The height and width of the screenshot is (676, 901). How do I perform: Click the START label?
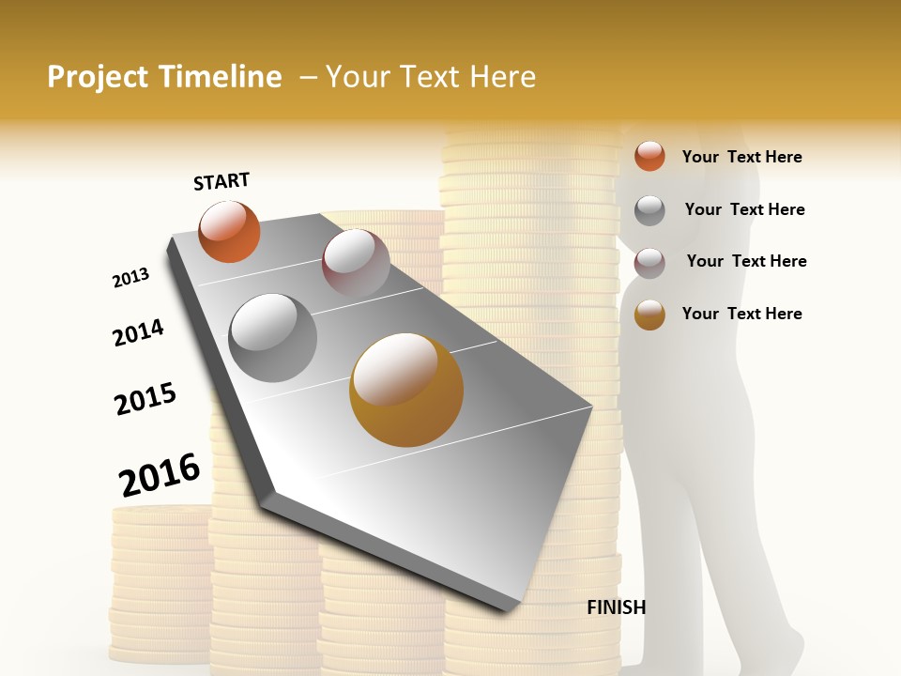(221, 181)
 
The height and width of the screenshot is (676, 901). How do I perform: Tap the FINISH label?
(616, 607)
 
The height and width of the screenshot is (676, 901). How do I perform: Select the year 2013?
(130, 278)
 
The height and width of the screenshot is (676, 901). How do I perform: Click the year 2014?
(138, 332)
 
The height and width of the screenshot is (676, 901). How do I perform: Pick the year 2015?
(145, 399)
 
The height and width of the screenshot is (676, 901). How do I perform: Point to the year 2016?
(160, 474)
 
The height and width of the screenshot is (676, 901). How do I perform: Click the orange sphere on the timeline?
(229, 232)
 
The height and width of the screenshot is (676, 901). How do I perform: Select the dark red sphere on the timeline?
(356, 261)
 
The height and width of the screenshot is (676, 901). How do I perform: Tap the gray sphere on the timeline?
(273, 337)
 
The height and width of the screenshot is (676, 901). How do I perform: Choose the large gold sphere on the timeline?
(406, 390)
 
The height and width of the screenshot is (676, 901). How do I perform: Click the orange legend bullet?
(649, 156)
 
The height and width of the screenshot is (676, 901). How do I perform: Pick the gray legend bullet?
(649, 210)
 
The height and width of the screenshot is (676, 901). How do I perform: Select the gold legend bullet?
(649, 315)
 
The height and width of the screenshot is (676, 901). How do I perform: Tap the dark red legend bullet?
(649, 263)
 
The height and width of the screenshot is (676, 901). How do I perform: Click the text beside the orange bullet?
(741, 157)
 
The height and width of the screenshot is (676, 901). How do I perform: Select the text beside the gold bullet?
(741, 314)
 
